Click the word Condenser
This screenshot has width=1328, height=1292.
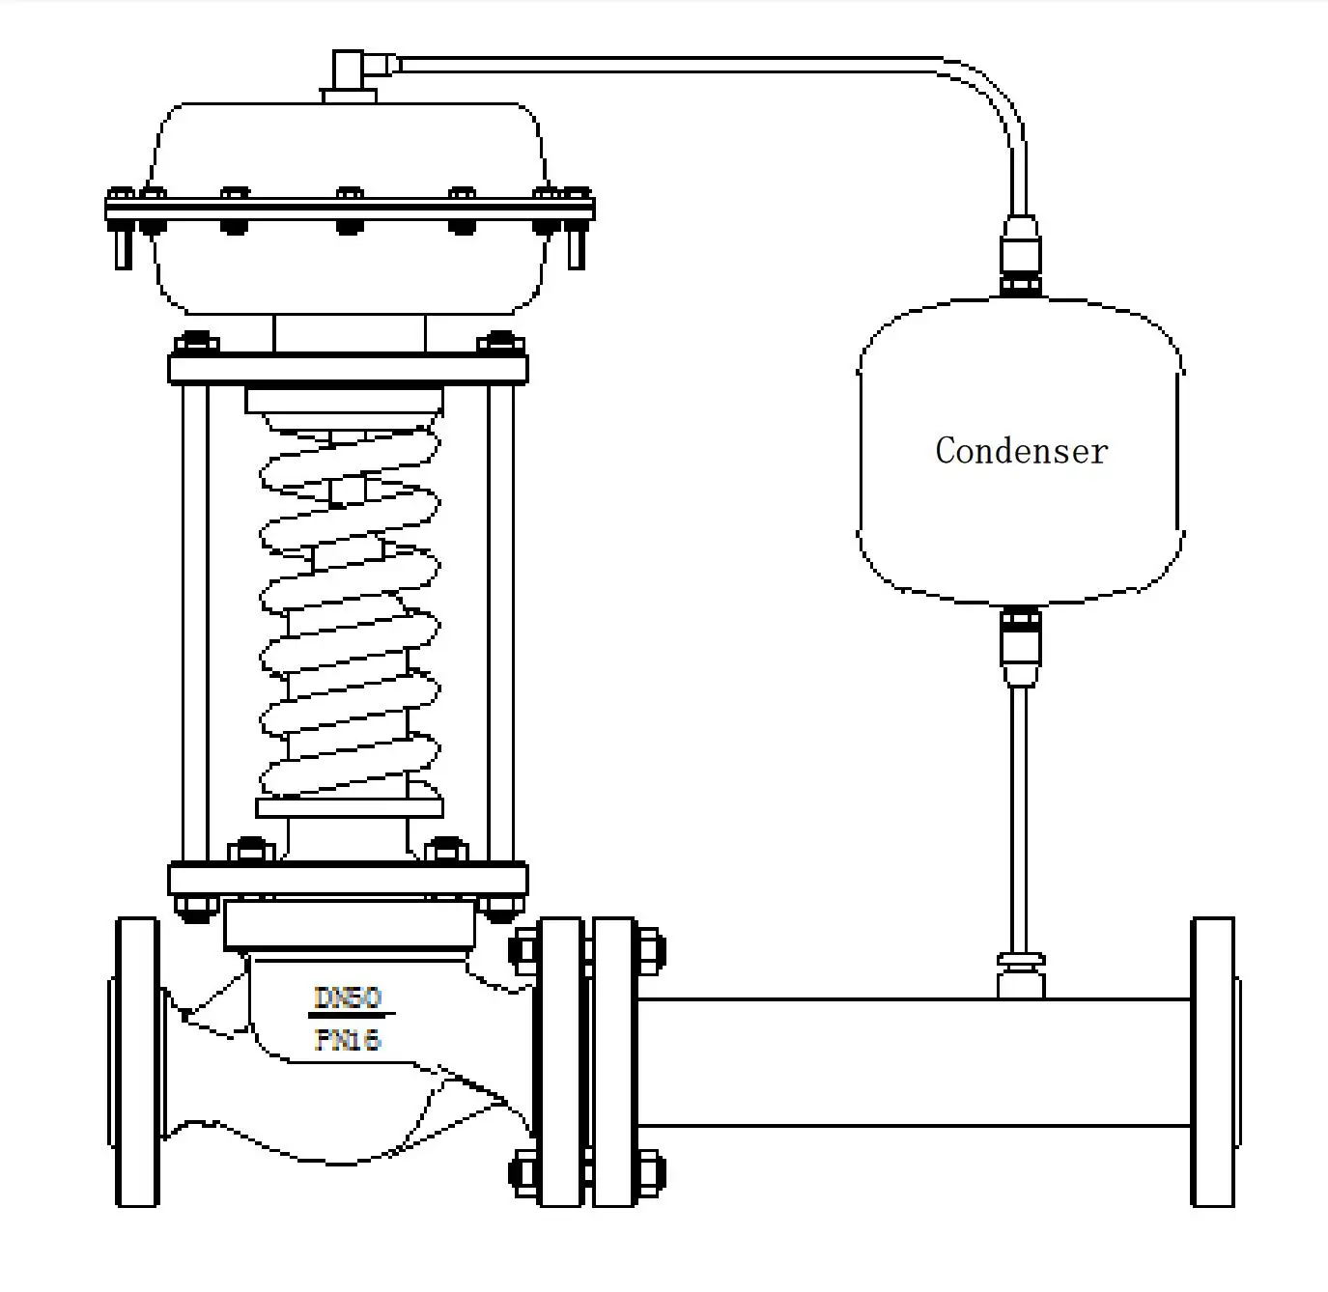click(1021, 451)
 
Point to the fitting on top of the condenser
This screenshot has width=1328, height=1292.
click(1021, 255)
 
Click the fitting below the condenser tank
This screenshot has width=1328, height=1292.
click(1021, 645)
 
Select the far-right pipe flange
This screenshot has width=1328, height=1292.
click(1213, 1061)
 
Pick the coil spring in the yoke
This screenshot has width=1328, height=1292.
click(350, 618)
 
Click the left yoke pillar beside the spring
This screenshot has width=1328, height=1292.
click(195, 623)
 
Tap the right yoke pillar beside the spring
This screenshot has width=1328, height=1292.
click(501, 623)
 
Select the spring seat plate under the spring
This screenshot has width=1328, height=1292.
click(350, 807)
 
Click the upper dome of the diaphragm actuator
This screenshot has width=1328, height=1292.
click(348, 145)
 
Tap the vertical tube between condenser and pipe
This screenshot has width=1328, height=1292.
click(1021, 821)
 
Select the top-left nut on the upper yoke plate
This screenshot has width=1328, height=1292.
click(195, 344)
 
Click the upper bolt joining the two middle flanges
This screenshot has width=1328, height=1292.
click(587, 949)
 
